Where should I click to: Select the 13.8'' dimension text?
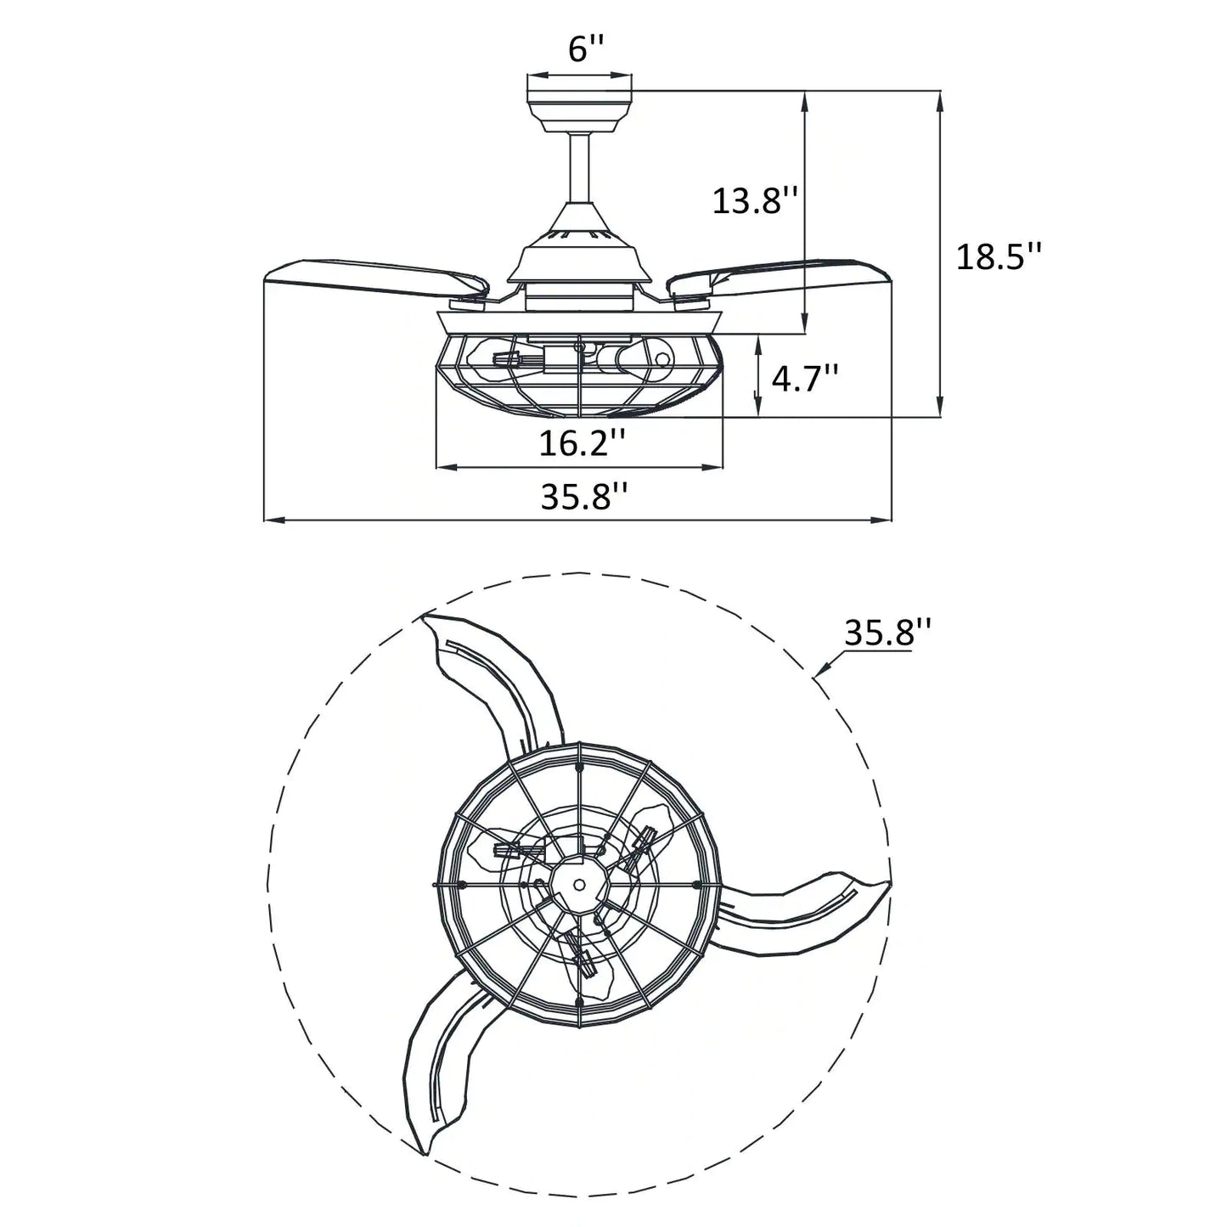pos(755,201)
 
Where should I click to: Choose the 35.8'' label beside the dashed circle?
pos(887,633)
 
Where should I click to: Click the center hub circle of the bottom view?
pos(578,884)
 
